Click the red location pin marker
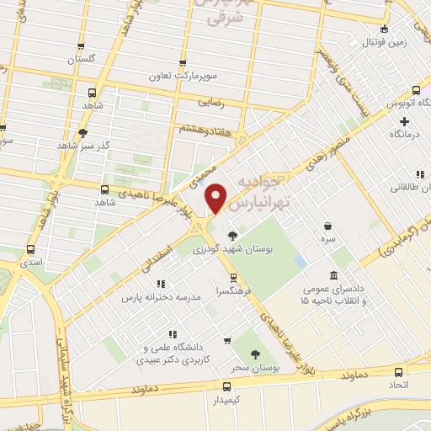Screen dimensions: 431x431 tap(216, 198)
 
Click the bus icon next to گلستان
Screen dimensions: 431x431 tap(81, 47)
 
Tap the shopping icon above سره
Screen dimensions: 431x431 tap(327, 225)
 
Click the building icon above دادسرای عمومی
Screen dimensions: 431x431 tap(334, 275)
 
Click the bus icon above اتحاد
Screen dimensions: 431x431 tap(398, 371)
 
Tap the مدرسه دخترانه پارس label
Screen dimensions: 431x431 tap(153, 298)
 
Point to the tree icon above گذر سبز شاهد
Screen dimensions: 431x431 tap(82, 133)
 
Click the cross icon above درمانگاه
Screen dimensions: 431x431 tap(405, 121)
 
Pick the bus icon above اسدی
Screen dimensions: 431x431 tap(31, 250)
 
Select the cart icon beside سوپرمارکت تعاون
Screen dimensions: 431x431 tap(184, 61)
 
